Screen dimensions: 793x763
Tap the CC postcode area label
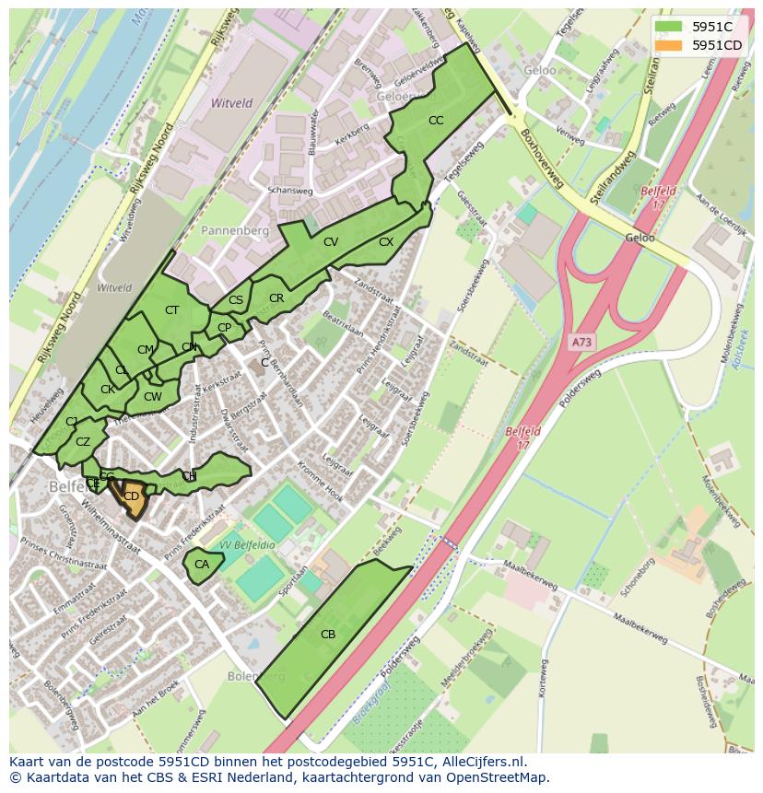point(436,121)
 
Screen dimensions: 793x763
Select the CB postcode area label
point(328,634)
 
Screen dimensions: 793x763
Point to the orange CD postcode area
point(132,497)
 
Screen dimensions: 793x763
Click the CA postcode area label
point(202,565)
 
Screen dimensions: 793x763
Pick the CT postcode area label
point(171,310)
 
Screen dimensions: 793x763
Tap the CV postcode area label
point(331,242)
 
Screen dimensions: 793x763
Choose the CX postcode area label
point(386,242)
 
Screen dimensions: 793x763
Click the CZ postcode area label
point(83,442)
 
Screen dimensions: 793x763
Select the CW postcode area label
point(153,398)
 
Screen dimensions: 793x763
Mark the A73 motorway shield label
point(581,342)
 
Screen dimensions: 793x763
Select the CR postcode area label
point(276,298)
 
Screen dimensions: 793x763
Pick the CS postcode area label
point(236,300)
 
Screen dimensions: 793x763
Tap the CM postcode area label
point(145,350)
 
